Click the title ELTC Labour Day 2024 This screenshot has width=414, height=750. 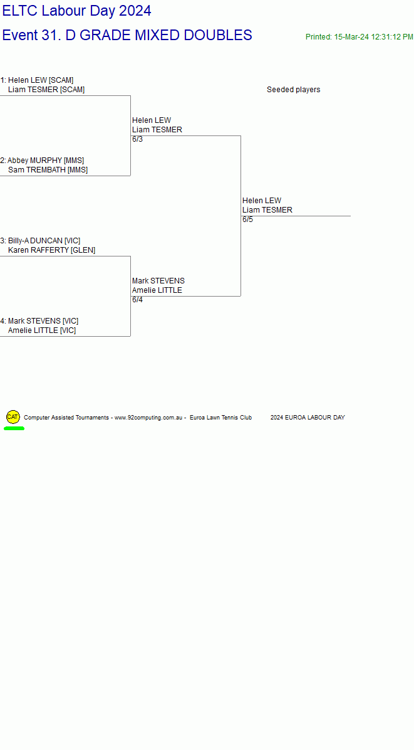click(77, 11)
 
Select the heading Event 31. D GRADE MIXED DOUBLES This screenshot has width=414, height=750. click(128, 35)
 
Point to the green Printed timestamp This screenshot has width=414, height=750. click(360, 37)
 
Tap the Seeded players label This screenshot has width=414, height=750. click(293, 90)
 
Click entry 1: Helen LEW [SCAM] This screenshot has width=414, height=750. click(37, 80)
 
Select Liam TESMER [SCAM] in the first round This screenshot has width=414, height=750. click(46, 90)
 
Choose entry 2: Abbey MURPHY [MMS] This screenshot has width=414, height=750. click(42, 161)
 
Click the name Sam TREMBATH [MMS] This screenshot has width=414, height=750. click(48, 170)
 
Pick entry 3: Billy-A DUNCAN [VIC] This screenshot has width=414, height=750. click(40, 241)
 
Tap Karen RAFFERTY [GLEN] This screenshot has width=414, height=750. click(51, 250)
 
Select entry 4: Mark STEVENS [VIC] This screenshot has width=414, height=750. click(39, 321)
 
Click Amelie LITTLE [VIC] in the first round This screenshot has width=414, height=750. click(42, 330)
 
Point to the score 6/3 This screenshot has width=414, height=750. click(138, 139)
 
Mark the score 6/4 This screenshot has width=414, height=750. click(138, 300)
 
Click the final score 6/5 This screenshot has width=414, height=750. click(248, 219)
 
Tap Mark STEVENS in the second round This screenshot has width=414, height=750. click(158, 281)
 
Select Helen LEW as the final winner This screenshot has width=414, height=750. click(262, 201)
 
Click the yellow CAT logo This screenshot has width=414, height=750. click(13, 417)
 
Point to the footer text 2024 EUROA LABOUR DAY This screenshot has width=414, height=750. click(308, 418)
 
